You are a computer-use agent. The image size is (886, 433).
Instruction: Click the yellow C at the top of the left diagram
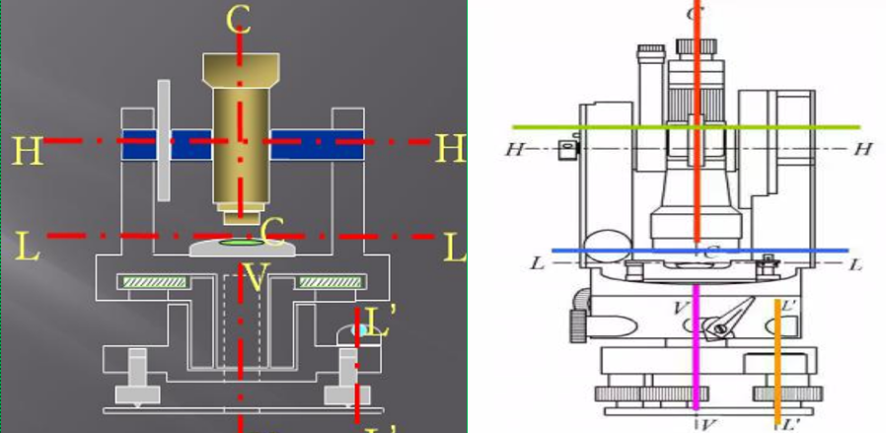click(x=237, y=20)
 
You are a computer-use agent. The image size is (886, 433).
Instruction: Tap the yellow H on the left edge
click(x=27, y=150)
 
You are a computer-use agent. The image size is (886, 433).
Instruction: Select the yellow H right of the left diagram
click(x=450, y=149)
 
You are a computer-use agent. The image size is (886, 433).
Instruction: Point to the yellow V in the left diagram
click(x=255, y=279)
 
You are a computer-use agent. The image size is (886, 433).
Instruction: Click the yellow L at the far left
click(x=28, y=247)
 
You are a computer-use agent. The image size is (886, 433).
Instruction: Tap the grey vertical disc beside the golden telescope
click(x=163, y=139)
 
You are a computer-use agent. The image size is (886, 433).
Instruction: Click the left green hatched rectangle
click(x=152, y=283)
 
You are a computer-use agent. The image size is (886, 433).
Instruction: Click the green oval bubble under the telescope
click(x=239, y=241)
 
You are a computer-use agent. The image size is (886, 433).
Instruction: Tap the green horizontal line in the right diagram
click(x=592, y=127)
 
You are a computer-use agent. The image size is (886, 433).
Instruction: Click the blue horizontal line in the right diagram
click(x=612, y=251)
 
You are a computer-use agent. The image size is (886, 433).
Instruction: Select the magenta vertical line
click(x=698, y=345)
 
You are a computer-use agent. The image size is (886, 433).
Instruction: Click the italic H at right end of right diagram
click(x=862, y=149)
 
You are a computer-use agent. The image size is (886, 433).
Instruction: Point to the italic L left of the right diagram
click(x=537, y=264)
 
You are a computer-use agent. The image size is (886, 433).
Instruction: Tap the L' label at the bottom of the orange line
click(x=789, y=424)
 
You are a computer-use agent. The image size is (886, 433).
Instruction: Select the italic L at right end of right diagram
click(x=855, y=264)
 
